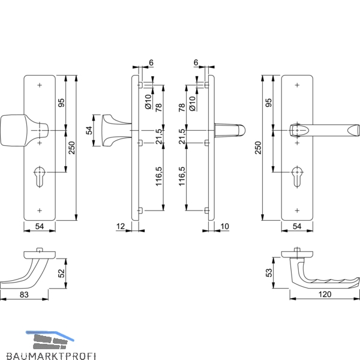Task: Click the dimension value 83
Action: click(24, 295)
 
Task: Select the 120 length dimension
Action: click(325, 295)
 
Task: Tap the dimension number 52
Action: click(62, 273)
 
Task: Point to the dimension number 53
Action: click(269, 272)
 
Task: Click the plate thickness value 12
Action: click(121, 227)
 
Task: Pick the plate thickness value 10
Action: click(225, 227)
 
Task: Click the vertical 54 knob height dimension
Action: click(90, 130)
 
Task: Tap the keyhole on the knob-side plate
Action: click(40, 176)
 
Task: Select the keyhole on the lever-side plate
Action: click(298, 176)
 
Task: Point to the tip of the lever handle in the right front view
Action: click(359, 130)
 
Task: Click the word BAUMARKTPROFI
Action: click(51, 356)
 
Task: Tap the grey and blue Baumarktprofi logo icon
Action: click(50, 340)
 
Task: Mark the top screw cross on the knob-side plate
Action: click(40, 85)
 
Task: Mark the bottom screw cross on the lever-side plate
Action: click(298, 211)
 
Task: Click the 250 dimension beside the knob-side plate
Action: click(72, 148)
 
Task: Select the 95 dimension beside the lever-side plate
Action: click(269, 103)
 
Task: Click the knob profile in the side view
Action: click(116, 130)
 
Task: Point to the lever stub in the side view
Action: click(230, 130)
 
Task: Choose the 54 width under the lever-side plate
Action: click(297, 227)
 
